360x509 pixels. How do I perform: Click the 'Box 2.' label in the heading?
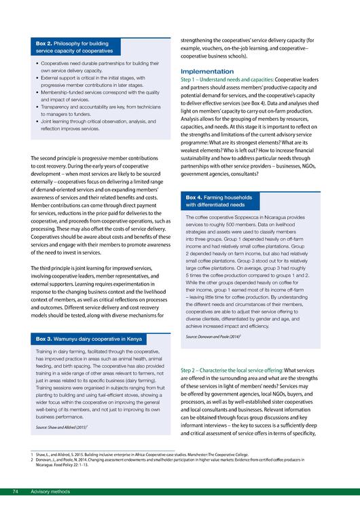coord(46,43)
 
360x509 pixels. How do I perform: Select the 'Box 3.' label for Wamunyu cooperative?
coord(46,337)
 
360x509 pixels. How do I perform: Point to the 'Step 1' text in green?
coord(192,79)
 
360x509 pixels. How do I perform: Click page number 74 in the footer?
coord(14,491)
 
